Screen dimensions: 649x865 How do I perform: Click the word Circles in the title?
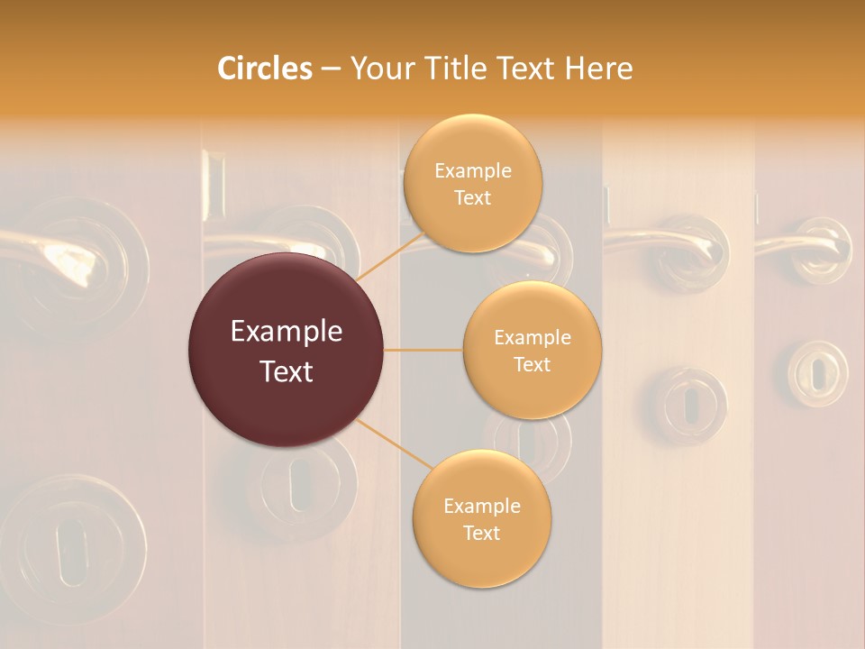click(264, 69)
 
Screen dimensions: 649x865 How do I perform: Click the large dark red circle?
click(286, 350)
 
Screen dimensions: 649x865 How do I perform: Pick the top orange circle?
click(472, 183)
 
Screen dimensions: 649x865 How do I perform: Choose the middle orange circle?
click(532, 350)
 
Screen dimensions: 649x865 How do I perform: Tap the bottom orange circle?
click(481, 519)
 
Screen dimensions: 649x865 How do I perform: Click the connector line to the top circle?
click(392, 254)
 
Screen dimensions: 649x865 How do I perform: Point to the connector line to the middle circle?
click(423, 350)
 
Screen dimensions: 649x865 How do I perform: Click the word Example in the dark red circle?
click(286, 332)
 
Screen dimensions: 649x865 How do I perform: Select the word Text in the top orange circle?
click(472, 198)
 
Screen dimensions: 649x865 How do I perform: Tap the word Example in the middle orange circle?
click(532, 337)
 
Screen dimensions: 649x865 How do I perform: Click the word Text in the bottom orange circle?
click(481, 533)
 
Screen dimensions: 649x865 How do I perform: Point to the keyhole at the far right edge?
click(817, 372)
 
